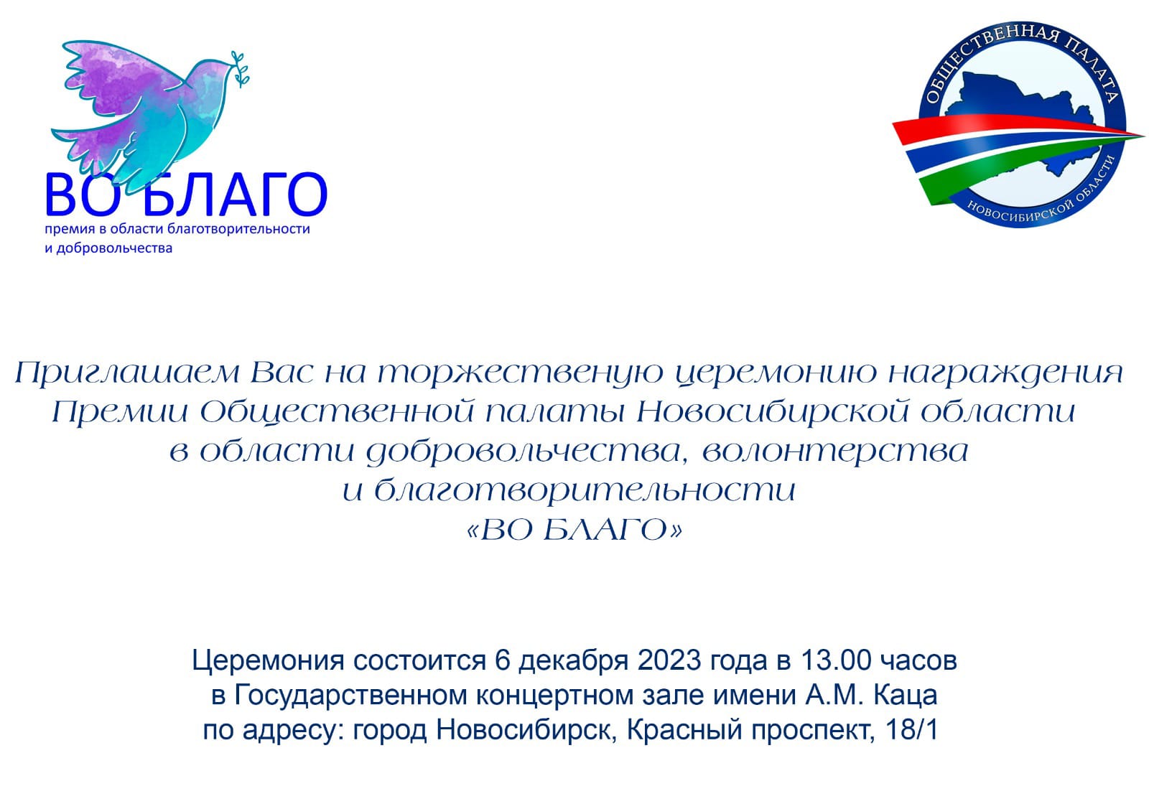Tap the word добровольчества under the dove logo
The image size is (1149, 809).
click(114, 248)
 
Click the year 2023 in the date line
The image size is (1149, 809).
click(669, 661)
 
